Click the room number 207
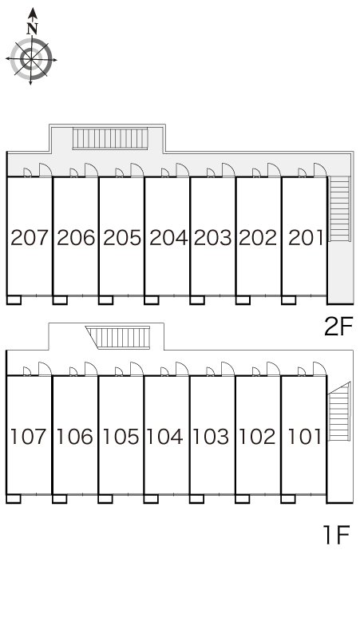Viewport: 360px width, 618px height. click(30, 238)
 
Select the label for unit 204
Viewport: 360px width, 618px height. click(168, 238)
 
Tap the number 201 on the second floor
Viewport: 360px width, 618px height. click(306, 238)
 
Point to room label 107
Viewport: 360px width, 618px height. click(29, 437)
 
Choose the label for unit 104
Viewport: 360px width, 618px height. click(165, 437)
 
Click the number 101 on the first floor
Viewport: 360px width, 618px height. click(304, 437)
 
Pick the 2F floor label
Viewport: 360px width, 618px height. click(338, 327)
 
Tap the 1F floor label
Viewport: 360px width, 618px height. click(336, 535)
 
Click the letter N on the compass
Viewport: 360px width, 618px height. click(32, 29)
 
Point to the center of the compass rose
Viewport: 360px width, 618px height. click(31, 59)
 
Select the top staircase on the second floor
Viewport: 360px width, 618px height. click(110, 138)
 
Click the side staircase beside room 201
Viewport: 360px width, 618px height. click(339, 208)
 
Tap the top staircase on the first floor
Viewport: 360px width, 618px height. click(118, 338)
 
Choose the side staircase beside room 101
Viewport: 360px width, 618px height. click(339, 411)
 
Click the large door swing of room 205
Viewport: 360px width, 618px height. click(137, 170)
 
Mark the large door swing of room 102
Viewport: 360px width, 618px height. click(273, 369)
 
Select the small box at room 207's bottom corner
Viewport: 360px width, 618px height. click(14, 300)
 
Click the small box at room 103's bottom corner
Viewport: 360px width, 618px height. click(196, 499)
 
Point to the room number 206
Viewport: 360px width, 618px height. click(76, 238)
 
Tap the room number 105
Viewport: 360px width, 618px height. click(121, 437)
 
